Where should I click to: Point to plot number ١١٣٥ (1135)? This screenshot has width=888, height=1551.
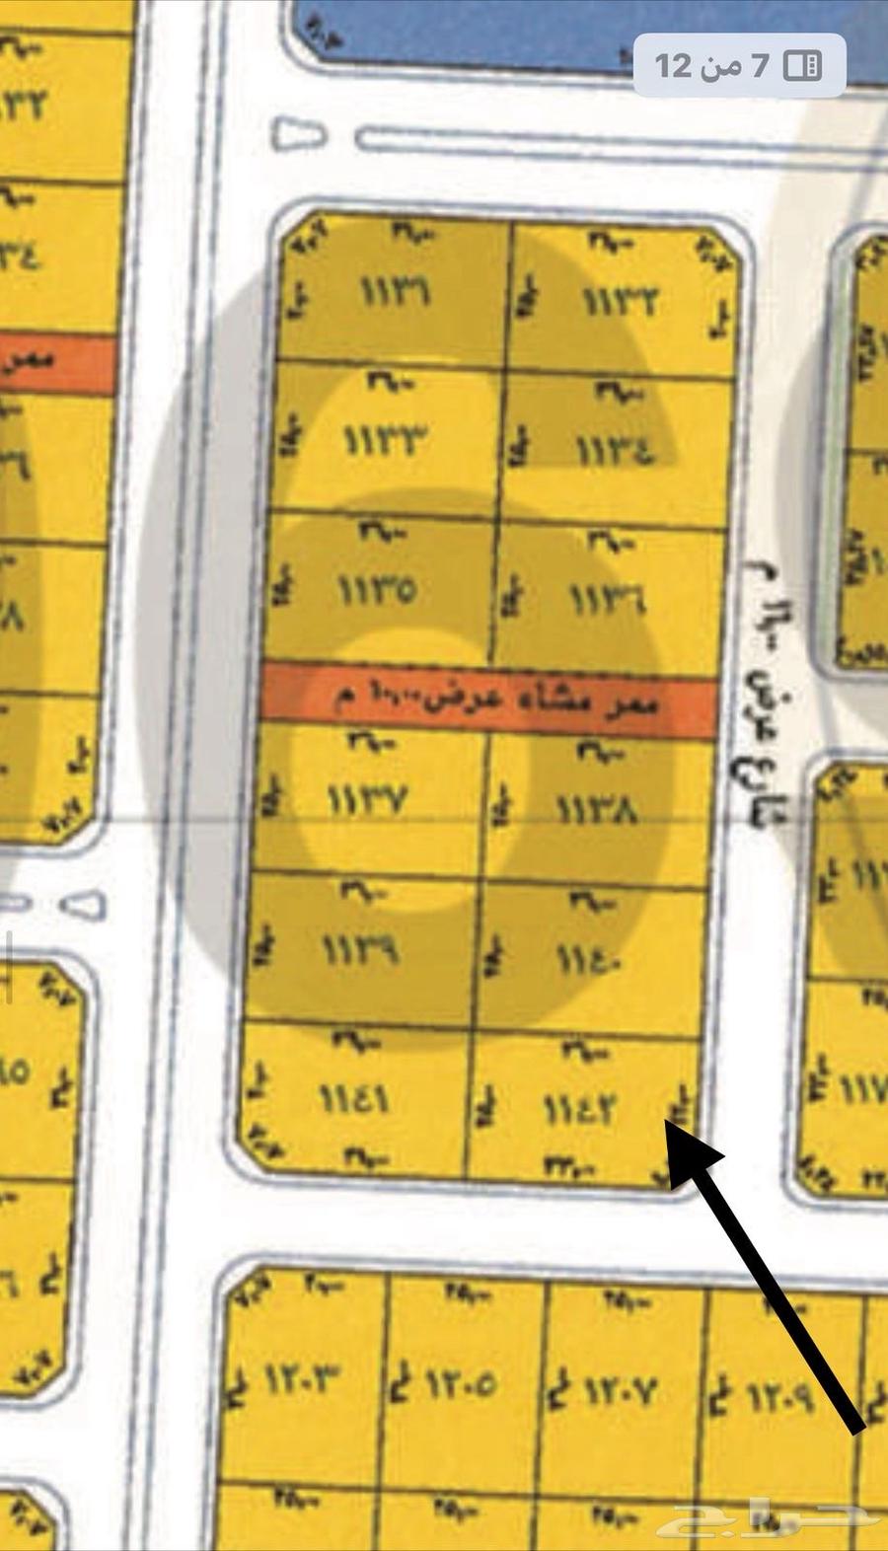point(377,591)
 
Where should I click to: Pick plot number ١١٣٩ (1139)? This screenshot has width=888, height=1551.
point(361,949)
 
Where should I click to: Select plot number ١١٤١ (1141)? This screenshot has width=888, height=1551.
point(354,1099)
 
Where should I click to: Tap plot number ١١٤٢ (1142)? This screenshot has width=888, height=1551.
point(579,1110)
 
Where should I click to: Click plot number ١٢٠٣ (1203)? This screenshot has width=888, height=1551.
point(302,1380)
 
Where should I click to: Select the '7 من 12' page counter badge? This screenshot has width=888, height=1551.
point(738,65)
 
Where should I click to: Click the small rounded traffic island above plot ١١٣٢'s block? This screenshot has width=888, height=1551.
point(298,133)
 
